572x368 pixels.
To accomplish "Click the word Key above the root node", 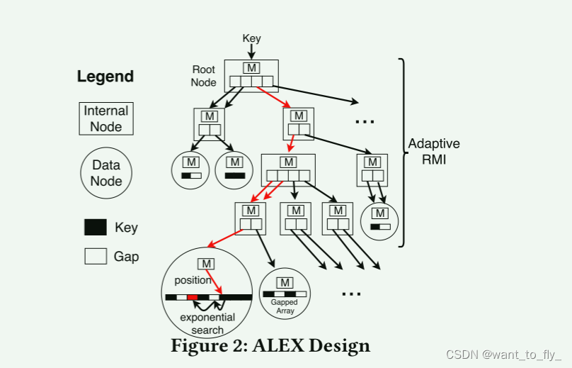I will click(251, 38).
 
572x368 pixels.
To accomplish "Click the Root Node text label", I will click(203, 76).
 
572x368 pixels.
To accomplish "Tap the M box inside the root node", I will click(251, 67).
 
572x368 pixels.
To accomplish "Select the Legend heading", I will click(105, 77).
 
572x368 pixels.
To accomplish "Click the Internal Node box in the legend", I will click(106, 119).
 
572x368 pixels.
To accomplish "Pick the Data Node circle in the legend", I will click(105, 173).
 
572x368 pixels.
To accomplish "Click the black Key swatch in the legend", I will click(96, 228).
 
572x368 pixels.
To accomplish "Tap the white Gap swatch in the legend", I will click(96, 256).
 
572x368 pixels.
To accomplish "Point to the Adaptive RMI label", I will click(434, 151).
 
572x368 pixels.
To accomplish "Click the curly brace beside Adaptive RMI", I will click(404, 152).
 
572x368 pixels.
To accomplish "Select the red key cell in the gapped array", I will click(193, 297).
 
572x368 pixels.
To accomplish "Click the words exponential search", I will click(207, 323).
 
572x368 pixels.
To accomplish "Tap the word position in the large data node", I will click(193, 280).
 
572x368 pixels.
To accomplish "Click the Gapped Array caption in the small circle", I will click(285, 307).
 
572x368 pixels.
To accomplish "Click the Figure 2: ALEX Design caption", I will click(270, 346).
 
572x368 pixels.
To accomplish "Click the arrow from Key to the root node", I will click(251, 51).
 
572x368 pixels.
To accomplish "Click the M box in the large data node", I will click(207, 264).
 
